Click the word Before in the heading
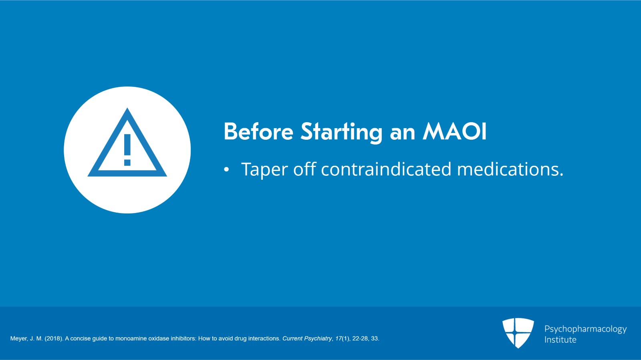(258, 131)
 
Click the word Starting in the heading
(341, 132)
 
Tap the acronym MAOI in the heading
(455, 131)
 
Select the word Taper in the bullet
(264, 170)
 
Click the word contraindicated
(386, 169)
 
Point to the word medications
(510, 169)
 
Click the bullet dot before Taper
(226, 170)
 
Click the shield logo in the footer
(518, 332)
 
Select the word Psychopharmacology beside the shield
(585, 329)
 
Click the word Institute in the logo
(560, 340)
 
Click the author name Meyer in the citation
(19, 338)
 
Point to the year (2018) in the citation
(54, 338)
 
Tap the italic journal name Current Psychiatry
(307, 338)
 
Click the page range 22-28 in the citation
(360, 338)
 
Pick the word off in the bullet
(304, 169)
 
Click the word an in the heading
(402, 132)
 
